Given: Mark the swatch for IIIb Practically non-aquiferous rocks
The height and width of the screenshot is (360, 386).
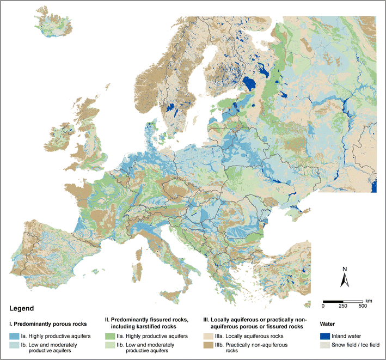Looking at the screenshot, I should click(x=208, y=345).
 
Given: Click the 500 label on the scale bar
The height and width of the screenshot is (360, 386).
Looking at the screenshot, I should click(x=363, y=306).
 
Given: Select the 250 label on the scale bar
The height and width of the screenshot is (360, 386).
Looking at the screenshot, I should click(x=343, y=306).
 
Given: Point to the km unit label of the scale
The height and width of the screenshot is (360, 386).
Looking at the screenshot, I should click(x=369, y=300).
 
